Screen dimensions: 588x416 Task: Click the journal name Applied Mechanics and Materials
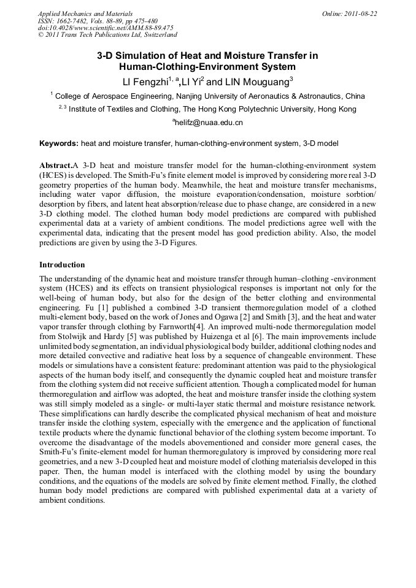pos(85,13)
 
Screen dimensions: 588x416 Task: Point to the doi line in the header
pos(106,28)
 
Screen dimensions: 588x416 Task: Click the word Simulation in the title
pos(150,55)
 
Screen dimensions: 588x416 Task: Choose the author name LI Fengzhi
pos(146,81)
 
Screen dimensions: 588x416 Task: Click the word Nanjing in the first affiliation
pos(187,96)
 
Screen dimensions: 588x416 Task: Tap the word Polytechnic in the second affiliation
pos(264,109)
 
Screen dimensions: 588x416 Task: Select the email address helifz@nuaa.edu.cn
pos(209,123)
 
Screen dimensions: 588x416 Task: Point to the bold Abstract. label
pos(56,166)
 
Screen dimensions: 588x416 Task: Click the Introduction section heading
pos(62,265)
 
